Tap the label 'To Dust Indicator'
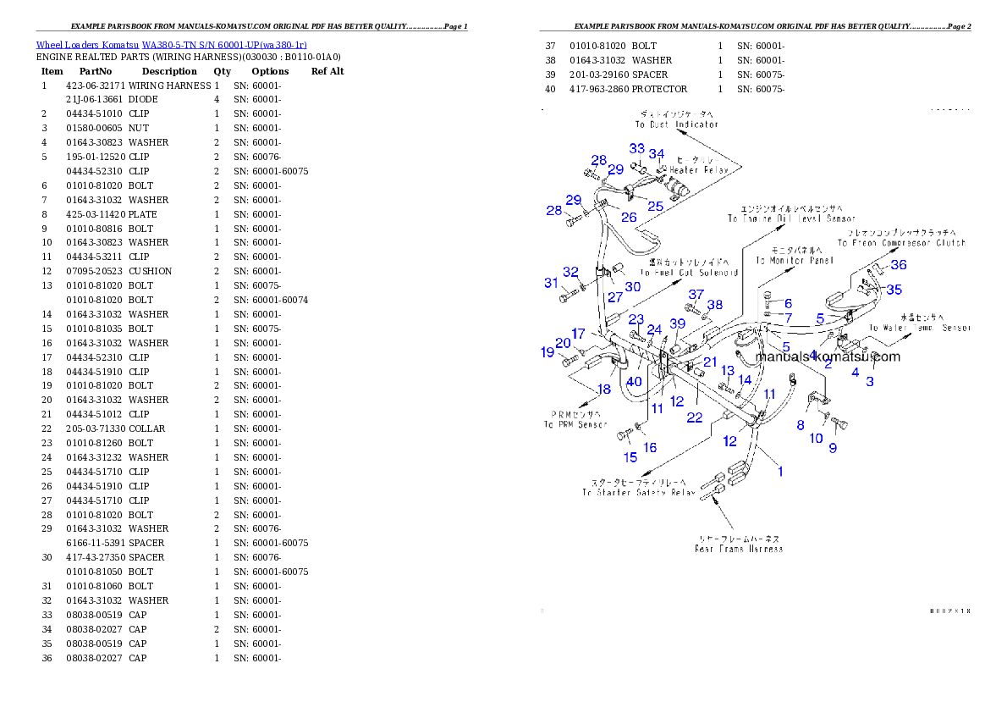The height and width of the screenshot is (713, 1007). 677,124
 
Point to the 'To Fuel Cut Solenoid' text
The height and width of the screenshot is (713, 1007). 689,273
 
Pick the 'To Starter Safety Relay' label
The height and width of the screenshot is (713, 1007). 638,493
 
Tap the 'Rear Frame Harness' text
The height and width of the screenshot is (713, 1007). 739,549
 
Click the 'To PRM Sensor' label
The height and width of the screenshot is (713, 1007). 575,424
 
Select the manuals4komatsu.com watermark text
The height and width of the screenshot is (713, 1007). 828,356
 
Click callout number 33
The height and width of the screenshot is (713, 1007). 636,149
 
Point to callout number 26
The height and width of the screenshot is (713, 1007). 629,218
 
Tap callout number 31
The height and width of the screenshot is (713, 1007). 551,283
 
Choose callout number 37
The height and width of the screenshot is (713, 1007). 696,295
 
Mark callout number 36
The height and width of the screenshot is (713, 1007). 899,265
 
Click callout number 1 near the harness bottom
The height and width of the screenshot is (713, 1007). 780,472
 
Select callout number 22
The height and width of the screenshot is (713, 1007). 695,417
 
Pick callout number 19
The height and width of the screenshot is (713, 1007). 548,351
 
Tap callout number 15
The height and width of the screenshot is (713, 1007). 630,458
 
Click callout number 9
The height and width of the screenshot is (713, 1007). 833,448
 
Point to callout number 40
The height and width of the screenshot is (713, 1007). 634,382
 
